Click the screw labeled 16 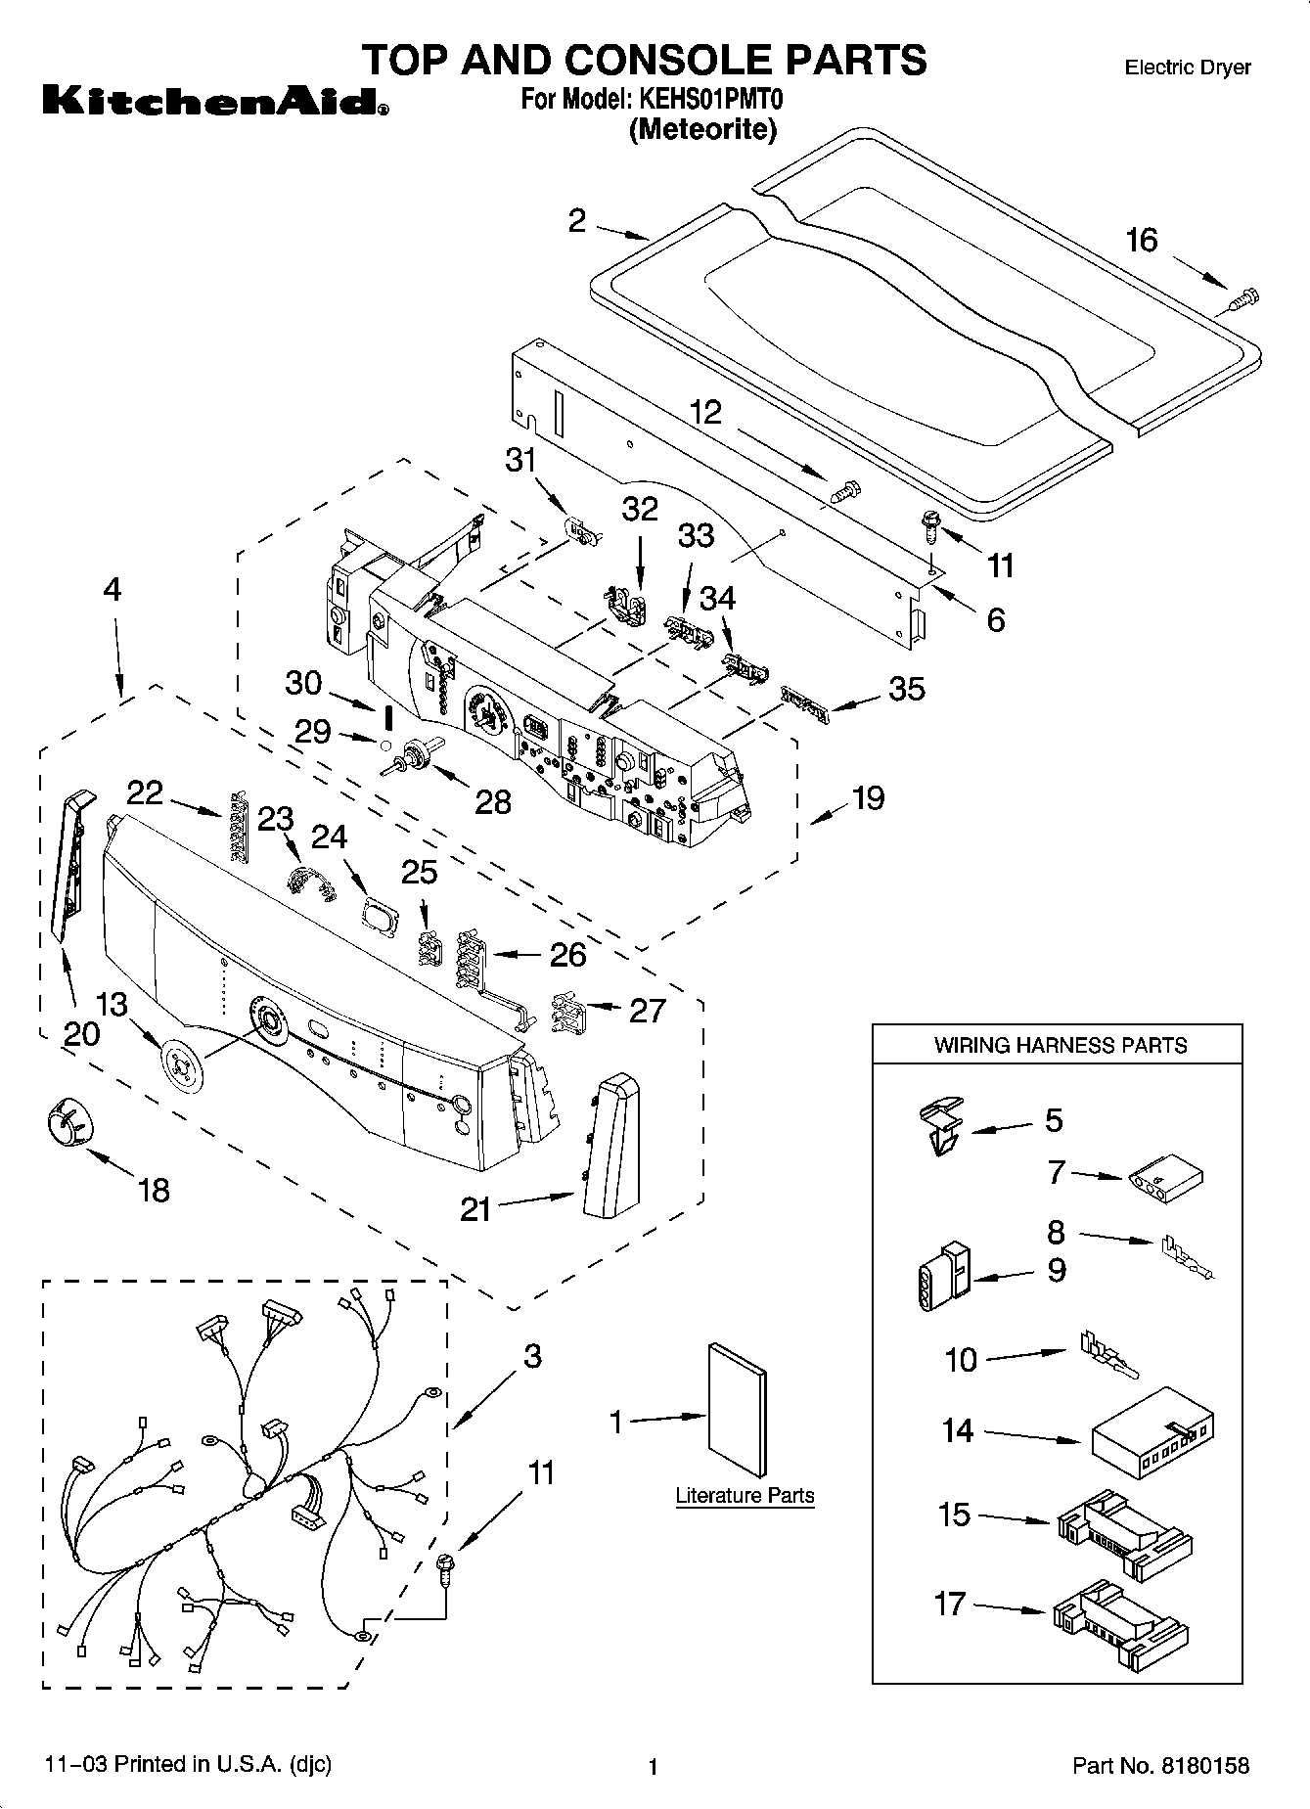point(1244,298)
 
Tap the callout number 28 point(492,801)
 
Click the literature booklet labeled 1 point(737,1408)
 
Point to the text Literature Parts point(745,1495)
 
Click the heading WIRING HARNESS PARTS point(1060,1045)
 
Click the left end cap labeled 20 point(71,863)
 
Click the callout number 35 point(907,689)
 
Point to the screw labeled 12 point(844,490)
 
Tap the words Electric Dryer point(1187,68)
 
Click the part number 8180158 point(1205,1766)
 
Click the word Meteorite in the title point(702,128)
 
